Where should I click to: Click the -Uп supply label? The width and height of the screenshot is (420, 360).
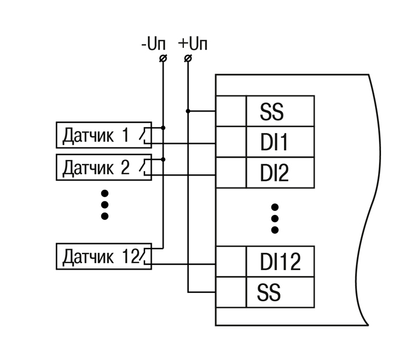tap(154, 44)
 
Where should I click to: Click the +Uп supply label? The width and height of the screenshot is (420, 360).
tap(192, 44)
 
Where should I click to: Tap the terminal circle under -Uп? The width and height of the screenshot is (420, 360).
tap(163, 58)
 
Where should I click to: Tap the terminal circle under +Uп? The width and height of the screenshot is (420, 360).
tap(188, 58)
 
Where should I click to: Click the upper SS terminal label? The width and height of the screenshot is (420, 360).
tap(272, 111)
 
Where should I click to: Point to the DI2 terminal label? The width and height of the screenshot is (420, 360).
tap(275, 173)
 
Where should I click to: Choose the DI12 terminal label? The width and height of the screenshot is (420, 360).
tap(280, 262)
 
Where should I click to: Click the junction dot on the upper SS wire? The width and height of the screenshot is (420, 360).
tap(188, 111)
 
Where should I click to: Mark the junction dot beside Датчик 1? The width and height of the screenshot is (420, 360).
tap(163, 128)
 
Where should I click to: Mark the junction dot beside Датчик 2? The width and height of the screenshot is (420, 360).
tap(163, 159)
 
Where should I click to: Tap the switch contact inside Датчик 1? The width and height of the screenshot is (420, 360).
tap(144, 135)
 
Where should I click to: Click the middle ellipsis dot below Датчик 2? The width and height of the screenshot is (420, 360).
tap(105, 204)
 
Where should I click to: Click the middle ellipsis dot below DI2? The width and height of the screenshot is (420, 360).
tap(275, 218)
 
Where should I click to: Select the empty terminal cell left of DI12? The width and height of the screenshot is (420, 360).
tap(231, 262)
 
